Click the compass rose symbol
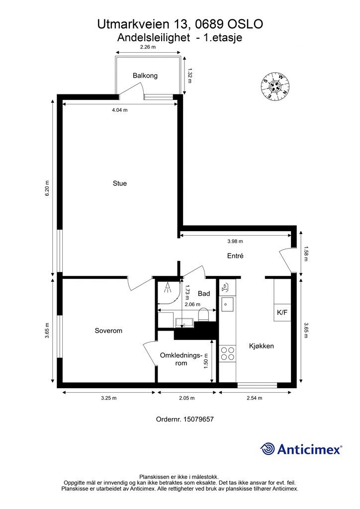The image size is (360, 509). pos(275,85)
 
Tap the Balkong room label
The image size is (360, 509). pos(145,76)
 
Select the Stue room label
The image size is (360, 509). pos(120,183)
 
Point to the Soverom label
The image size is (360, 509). pos(108,331)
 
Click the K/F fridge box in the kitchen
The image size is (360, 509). pos(282,313)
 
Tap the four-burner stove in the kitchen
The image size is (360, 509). pos(228,353)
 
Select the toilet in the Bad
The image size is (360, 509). pos(204,315)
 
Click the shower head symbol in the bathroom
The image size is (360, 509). pos(168,288)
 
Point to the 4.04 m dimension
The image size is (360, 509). pos(120,110)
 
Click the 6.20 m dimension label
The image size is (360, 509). pos(47,188)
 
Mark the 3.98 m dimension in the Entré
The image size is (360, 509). pos(235,241)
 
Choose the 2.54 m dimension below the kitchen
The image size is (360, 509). pos(254,398)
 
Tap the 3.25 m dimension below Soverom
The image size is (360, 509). pos(108,398)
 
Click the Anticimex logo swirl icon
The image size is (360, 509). pos(268,449)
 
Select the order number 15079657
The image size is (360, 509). pos(198,419)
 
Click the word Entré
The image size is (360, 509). pos(235,256)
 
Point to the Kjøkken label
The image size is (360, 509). pos(262,346)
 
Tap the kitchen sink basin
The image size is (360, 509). pos(228,304)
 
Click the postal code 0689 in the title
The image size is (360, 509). pos(208,24)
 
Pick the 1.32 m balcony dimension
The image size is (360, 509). pos(190,76)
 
